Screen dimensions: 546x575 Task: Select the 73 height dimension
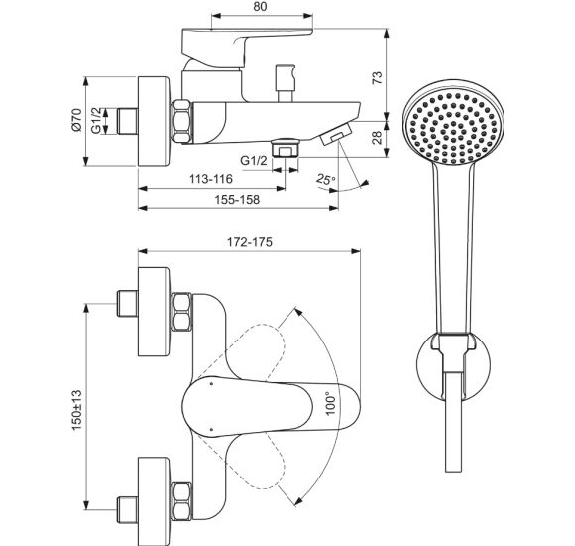tap(377, 78)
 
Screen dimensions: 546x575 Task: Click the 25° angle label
tap(326, 179)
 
